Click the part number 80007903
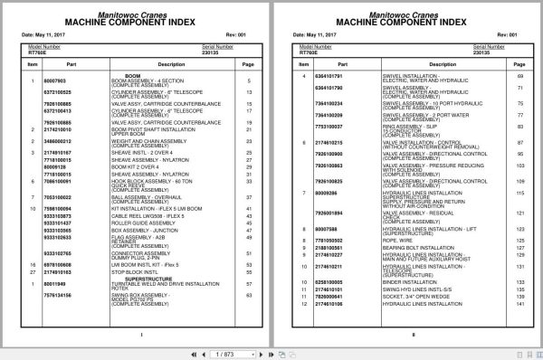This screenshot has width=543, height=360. pyautogui.click(x=55, y=81)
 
